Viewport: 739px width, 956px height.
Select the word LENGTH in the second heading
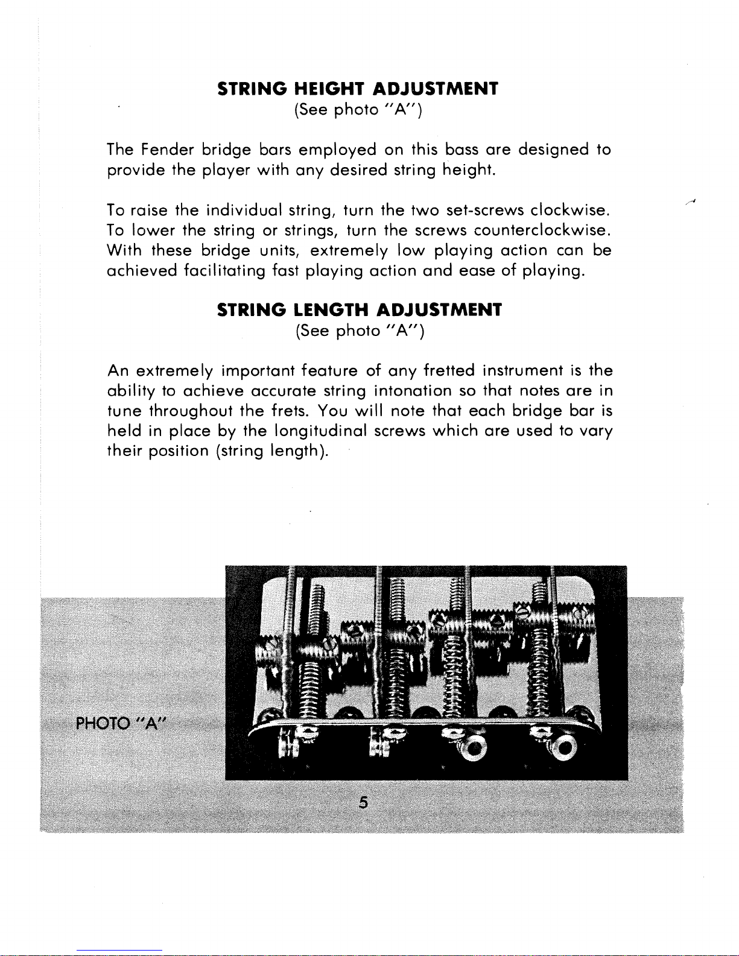pyautogui.click(x=331, y=310)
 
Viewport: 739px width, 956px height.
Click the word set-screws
pyautogui.click(x=485, y=211)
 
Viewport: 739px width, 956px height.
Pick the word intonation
pyautogui.click(x=413, y=391)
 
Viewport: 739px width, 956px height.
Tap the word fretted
pyautogui.click(x=449, y=370)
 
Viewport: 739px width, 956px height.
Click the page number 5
pyautogui.click(x=363, y=803)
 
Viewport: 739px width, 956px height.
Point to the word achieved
pyautogui.click(x=141, y=271)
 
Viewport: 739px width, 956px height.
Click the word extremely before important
pyautogui.click(x=175, y=370)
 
